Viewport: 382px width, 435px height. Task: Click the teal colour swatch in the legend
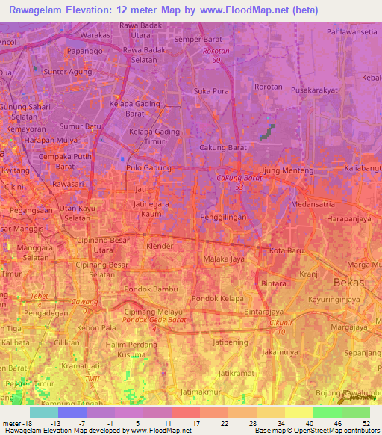point(44,412)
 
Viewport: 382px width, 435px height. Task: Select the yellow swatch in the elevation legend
point(299,412)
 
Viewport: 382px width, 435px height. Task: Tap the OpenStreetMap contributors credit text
point(335,431)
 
